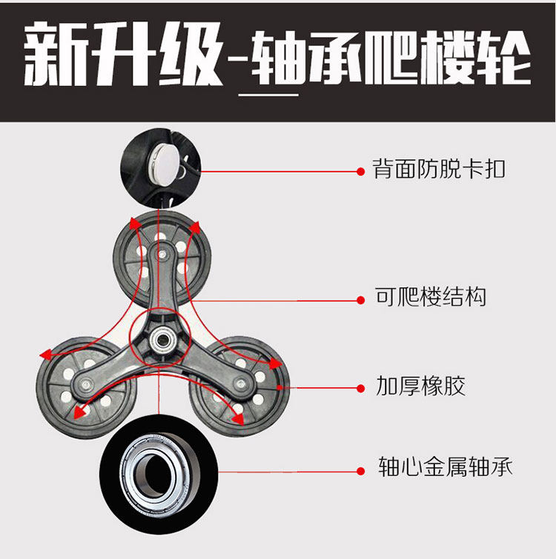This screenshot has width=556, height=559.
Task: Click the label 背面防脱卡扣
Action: click(440, 170)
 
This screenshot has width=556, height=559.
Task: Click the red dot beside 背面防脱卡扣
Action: click(360, 171)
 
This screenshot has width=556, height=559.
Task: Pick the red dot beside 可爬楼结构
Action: click(360, 300)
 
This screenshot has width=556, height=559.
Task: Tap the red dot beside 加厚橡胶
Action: click(360, 387)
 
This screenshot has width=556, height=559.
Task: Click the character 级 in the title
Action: click(188, 56)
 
